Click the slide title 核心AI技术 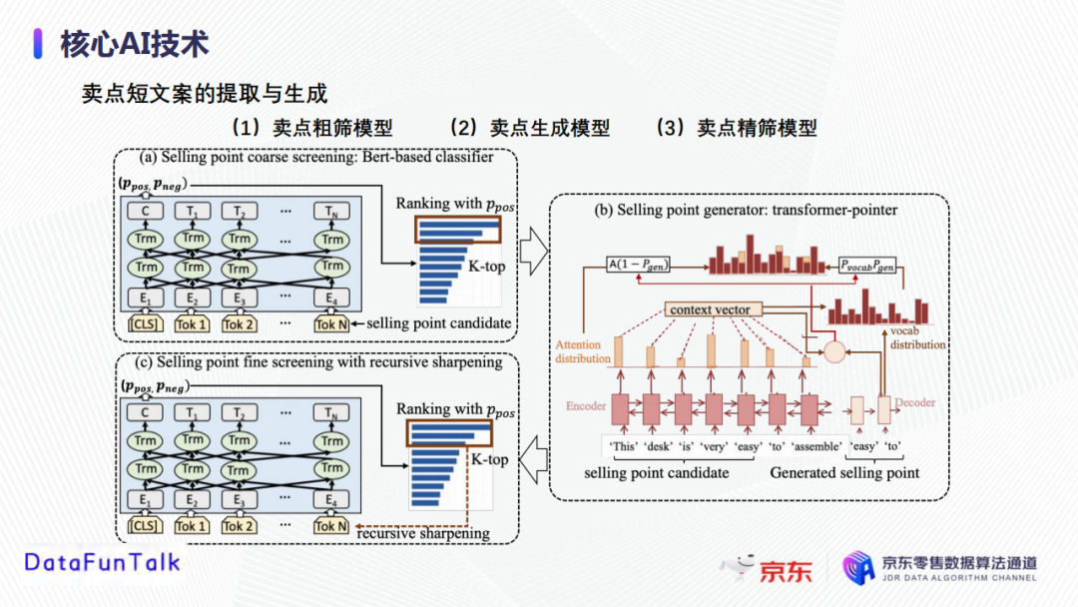(x=135, y=44)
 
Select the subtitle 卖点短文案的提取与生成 (x=205, y=94)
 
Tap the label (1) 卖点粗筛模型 (x=310, y=128)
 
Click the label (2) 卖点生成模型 (x=528, y=128)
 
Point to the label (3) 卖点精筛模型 (x=736, y=128)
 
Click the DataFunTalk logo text (x=103, y=562)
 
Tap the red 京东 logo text (x=786, y=570)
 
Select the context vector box (x=711, y=309)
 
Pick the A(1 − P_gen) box (x=639, y=265)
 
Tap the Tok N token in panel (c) (x=331, y=526)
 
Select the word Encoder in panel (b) (x=586, y=405)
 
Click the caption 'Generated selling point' (x=844, y=473)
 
